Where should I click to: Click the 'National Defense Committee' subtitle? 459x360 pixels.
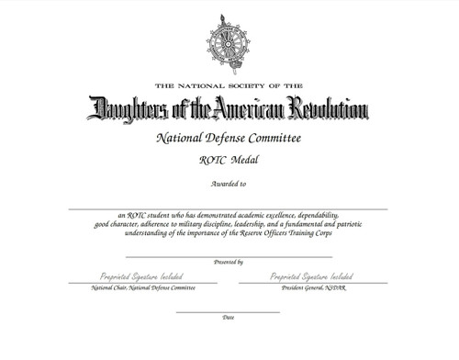click(229, 140)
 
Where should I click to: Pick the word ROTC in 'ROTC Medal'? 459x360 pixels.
click(212, 162)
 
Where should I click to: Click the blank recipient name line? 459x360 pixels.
click(229, 209)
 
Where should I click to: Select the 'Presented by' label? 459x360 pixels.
click(229, 263)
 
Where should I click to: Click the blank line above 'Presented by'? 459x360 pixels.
click(229, 257)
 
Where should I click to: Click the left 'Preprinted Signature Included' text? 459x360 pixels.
click(140, 276)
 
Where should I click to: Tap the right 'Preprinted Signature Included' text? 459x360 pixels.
click(313, 276)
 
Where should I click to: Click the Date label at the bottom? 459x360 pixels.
click(229, 318)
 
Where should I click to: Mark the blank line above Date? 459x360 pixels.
click(229, 312)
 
